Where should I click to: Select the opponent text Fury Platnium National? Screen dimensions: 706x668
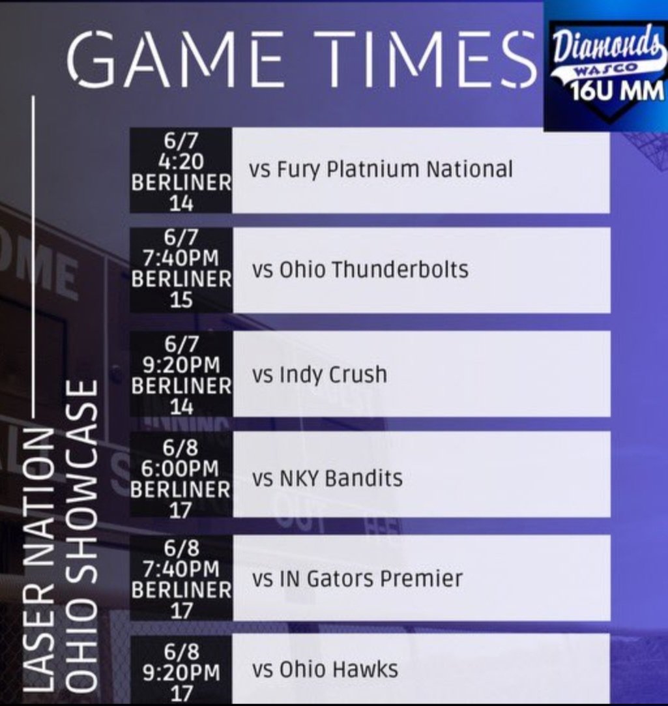point(381,170)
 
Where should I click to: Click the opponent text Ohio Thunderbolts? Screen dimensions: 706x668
point(359,269)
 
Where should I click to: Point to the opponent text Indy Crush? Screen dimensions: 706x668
point(319,374)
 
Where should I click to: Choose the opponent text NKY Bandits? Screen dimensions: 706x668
point(327,478)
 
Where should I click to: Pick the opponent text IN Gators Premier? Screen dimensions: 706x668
point(357,578)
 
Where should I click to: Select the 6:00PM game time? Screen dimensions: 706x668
point(181,469)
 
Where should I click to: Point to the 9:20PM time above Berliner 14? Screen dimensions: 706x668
point(181,364)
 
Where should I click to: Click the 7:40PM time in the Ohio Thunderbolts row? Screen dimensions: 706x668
point(181,258)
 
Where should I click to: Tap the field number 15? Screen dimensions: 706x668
point(181,301)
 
